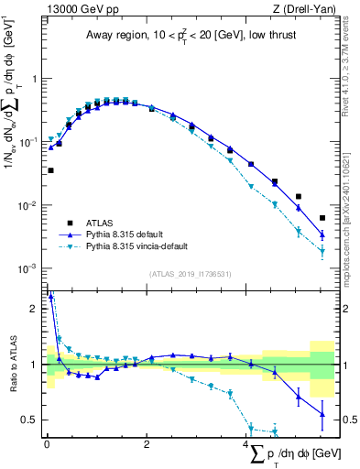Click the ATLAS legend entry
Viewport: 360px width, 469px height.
pyautogui.click(x=102, y=223)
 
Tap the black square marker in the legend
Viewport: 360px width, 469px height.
pyautogui.click(x=71, y=223)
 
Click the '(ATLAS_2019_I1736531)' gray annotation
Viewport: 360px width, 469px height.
pyautogui.click(x=190, y=274)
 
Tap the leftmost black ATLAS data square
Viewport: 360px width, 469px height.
pyautogui.click(x=50, y=170)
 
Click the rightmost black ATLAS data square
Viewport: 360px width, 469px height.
pyautogui.click(x=322, y=218)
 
